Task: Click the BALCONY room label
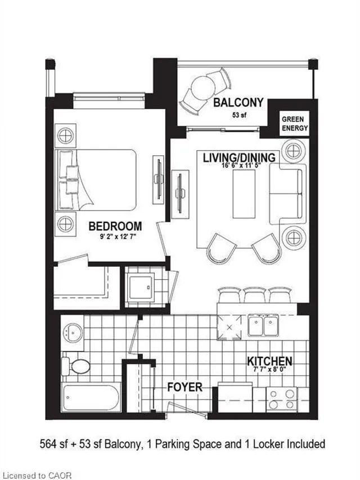click(238, 103)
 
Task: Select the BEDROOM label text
click(115, 226)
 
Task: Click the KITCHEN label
click(269, 361)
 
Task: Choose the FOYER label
click(184, 388)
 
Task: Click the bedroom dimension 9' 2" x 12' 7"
click(115, 236)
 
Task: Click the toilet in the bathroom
click(76, 366)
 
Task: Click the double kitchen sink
click(263, 325)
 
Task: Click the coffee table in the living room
click(244, 193)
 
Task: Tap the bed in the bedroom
click(96, 179)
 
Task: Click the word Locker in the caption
click(253, 444)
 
